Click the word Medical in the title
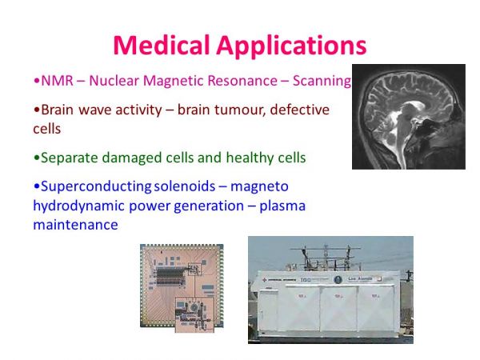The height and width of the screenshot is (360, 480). click(162, 46)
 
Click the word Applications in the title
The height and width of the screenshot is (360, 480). click(291, 46)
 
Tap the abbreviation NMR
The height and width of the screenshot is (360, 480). click(57, 81)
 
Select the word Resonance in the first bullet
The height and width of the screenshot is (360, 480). click(242, 81)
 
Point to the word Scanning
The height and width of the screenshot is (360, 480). click(322, 82)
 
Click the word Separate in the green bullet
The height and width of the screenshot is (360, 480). click(70, 158)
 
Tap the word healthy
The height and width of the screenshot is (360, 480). click(250, 158)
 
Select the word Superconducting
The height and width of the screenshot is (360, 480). click(96, 187)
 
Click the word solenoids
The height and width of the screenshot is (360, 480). click(184, 186)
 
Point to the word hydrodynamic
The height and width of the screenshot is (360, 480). click(78, 206)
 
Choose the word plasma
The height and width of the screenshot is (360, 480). click(282, 206)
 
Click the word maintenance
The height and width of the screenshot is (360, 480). click(75, 225)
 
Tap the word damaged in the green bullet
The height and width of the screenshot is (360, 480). click(132, 158)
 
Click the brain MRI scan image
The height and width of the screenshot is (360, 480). click(409, 117)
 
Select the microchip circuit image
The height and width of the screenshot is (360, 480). click(182, 288)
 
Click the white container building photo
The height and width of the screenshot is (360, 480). click(330, 290)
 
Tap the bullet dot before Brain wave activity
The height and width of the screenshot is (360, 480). click(37, 110)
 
